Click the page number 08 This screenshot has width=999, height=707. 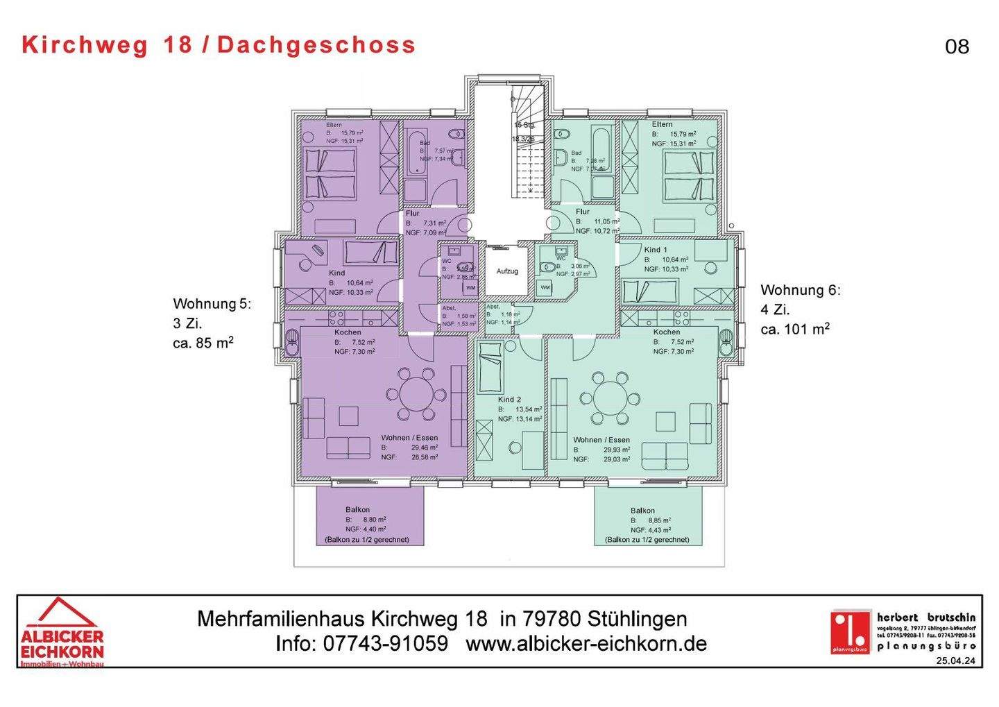(x=957, y=46)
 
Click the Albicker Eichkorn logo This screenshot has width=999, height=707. (x=62, y=632)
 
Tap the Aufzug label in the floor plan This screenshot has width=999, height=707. (x=506, y=271)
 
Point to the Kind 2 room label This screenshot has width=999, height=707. (x=509, y=400)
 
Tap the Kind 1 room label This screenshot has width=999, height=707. (x=656, y=250)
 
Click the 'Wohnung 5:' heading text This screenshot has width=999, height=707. (x=212, y=304)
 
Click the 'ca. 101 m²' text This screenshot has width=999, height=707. (x=795, y=330)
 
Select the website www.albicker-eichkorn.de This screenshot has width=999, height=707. (x=586, y=644)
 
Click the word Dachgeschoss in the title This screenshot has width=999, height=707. (x=316, y=45)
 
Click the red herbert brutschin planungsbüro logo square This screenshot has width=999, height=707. (x=851, y=631)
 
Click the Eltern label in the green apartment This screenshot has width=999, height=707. (x=662, y=124)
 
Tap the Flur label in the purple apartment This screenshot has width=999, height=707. (x=413, y=214)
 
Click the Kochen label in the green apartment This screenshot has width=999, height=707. (x=666, y=332)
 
